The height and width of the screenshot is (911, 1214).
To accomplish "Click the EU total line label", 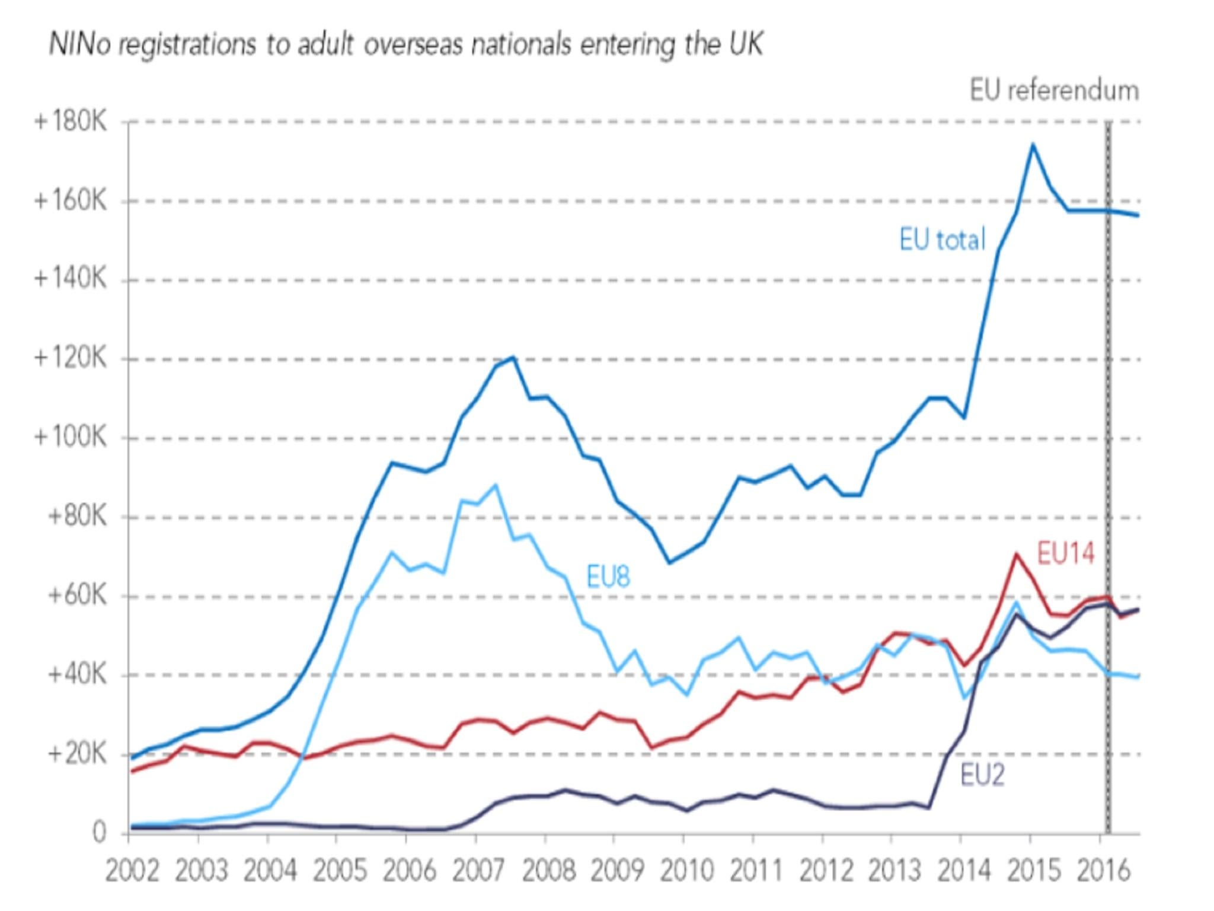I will [942, 240].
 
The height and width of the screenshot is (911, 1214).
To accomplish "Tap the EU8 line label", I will [608, 576].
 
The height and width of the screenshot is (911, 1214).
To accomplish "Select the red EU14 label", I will [1065, 553].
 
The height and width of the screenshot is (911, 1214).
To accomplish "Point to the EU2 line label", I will [982, 775].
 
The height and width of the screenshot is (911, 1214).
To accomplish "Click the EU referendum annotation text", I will [1053, 91].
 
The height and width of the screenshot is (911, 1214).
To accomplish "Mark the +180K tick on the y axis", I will [71, 122].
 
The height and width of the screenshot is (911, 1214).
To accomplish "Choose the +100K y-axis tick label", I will [71, 438].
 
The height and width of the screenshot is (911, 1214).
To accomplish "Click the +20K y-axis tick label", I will [77, 754].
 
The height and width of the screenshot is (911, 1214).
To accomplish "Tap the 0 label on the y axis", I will [99, 833].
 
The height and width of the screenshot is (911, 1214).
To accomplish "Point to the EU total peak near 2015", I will [1032, 144].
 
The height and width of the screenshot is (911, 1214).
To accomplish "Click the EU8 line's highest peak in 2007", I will [495, 485].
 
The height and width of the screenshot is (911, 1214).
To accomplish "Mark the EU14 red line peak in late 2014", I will [1016, 554].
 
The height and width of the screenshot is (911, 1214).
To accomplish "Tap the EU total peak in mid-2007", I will [513, 357].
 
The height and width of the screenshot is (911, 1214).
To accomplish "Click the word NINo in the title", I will [79, 44].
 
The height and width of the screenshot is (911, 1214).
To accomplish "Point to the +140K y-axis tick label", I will [71, 279].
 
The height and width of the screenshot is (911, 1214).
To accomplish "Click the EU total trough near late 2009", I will [669, 562].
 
